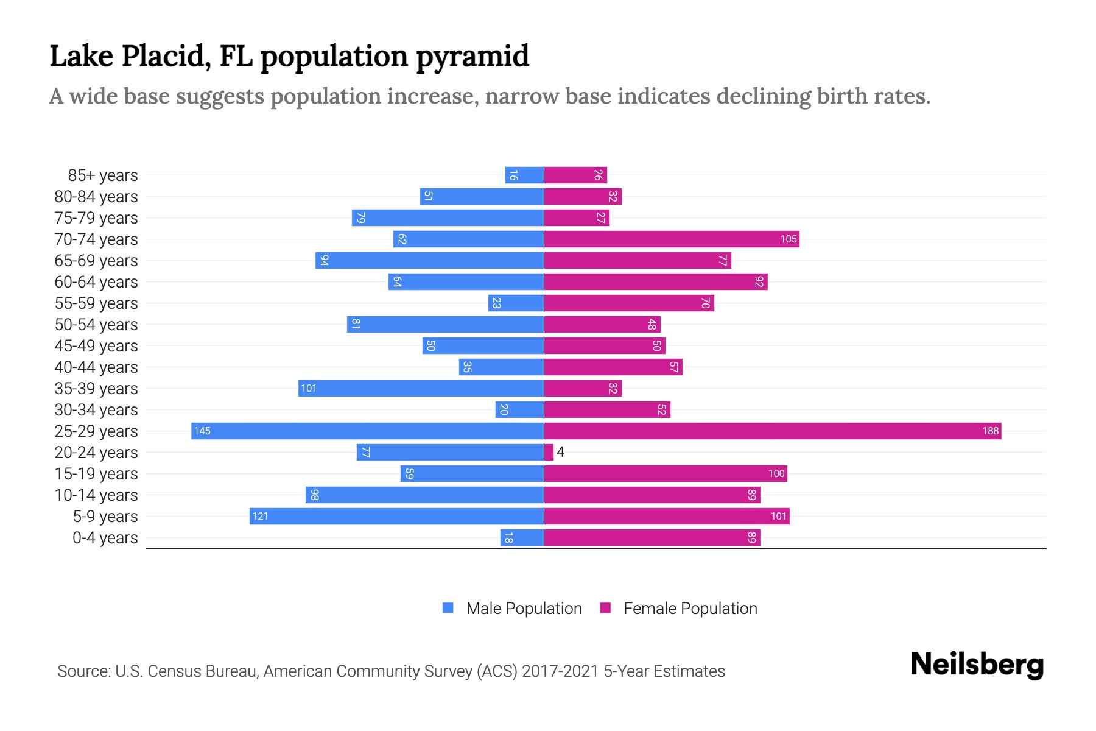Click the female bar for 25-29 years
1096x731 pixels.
[x=772, y=431]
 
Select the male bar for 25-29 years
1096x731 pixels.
[x=367, y=431]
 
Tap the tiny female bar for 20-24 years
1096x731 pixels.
[x=549, y=453]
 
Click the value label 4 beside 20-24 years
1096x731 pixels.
[x=561, y=453]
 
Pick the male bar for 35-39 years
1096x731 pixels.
[x=421, y=389]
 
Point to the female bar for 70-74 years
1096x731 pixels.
[x=671, y=239]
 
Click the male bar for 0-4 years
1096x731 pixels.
[x=522, y=538]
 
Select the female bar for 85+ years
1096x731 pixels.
[x=575, y=175]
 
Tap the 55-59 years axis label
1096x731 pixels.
[x=96, y=303]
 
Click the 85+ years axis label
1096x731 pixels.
[x=103, y=175]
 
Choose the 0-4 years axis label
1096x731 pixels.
[x=105, y=538]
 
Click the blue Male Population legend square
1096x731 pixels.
[x=448, y=608]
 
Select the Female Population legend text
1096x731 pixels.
[x=690, y=609]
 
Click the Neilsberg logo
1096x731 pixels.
[x=977, y=665]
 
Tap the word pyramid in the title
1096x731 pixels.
[x=472, y=57]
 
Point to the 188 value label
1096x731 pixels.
[x=990, y=431]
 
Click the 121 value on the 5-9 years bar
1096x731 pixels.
[x=260, y=517]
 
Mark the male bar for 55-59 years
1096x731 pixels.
[x=516, y=303]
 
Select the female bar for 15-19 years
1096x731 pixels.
[x=665, y=474]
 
